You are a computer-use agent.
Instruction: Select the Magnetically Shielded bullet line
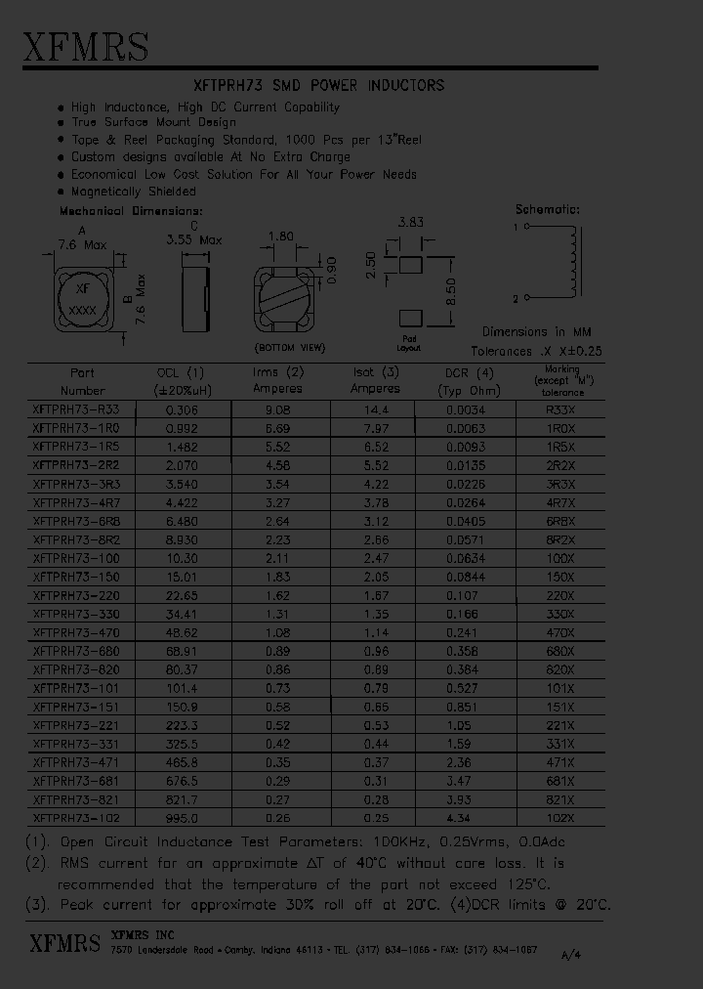(134, 192)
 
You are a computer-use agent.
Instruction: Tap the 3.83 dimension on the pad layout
(410, 223)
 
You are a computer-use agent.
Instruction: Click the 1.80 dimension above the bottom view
(281, 236)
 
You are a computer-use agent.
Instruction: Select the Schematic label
(547, 209)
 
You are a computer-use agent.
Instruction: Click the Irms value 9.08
(278, 411)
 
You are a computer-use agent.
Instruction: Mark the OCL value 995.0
(181, 817)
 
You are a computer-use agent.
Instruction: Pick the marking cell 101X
(560, 687)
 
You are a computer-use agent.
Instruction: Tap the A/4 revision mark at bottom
(569, 959)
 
